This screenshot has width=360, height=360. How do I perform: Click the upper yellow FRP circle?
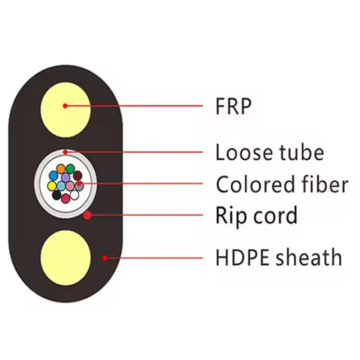coord(66,106)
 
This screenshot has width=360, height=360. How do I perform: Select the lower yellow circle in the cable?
coord(66,256)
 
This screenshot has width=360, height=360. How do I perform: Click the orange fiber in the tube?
coord(61,170)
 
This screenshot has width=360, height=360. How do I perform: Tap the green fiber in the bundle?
coord(70,169)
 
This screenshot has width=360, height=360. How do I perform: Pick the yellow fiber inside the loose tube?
coord(52,185)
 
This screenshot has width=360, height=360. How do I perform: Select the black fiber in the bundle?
coord(57,195)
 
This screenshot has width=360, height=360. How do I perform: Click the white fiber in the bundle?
coord(75,195)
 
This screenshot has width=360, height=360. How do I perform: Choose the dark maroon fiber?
coord(78,175)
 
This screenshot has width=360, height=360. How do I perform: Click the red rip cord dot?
coord(88,216)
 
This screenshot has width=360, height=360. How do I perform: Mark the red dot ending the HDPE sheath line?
coord(105,258)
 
